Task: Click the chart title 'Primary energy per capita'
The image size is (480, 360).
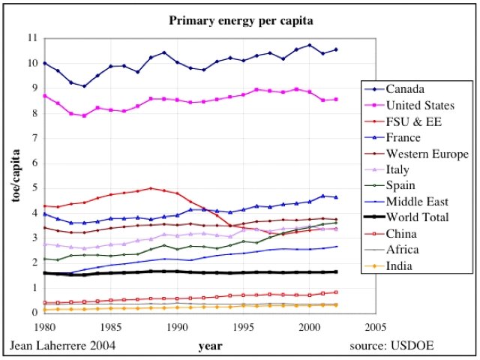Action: [241, 21]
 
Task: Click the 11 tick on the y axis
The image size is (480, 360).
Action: [32, 37]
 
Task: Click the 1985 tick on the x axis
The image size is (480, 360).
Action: [110, 327]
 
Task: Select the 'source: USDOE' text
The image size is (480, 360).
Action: [392, 346]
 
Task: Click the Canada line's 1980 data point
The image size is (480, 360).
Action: [44, 63]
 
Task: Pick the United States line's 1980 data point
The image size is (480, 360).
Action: [44, 96]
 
